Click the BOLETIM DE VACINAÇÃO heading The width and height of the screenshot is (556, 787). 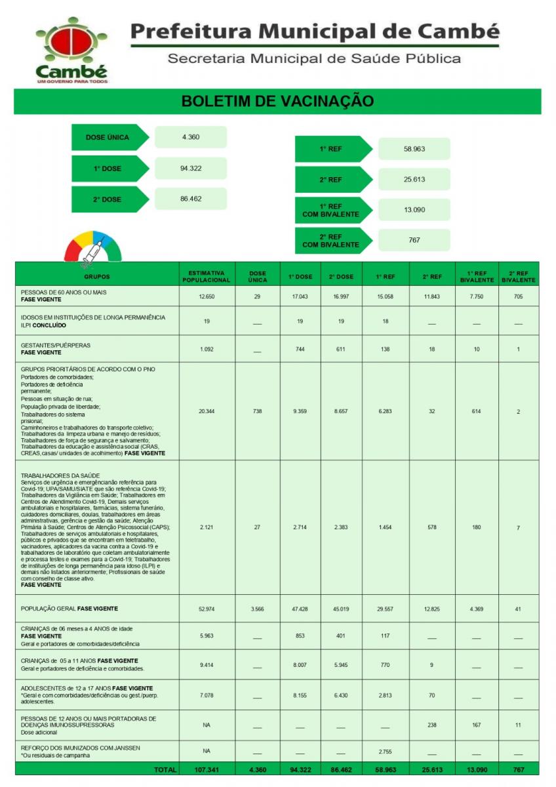(277, 101)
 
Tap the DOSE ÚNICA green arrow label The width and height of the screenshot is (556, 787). (108, 137)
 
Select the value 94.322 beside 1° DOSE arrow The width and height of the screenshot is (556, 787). (191, 169)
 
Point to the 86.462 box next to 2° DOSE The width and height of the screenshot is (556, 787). (191, 199)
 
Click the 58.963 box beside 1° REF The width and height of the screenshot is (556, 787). (414, 149)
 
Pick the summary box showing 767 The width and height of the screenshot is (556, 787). (414, 240)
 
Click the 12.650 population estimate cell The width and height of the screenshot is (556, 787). (207, 296)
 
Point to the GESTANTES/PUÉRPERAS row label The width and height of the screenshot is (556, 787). (55, 345)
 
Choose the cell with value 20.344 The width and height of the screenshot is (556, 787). (207, 411)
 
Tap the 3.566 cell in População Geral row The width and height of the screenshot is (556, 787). (258, 609)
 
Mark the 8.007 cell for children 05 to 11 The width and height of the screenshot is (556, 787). (300, 665)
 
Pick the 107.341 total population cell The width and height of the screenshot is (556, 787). (207, 769)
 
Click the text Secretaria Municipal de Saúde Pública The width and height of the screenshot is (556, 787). (314, 58)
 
